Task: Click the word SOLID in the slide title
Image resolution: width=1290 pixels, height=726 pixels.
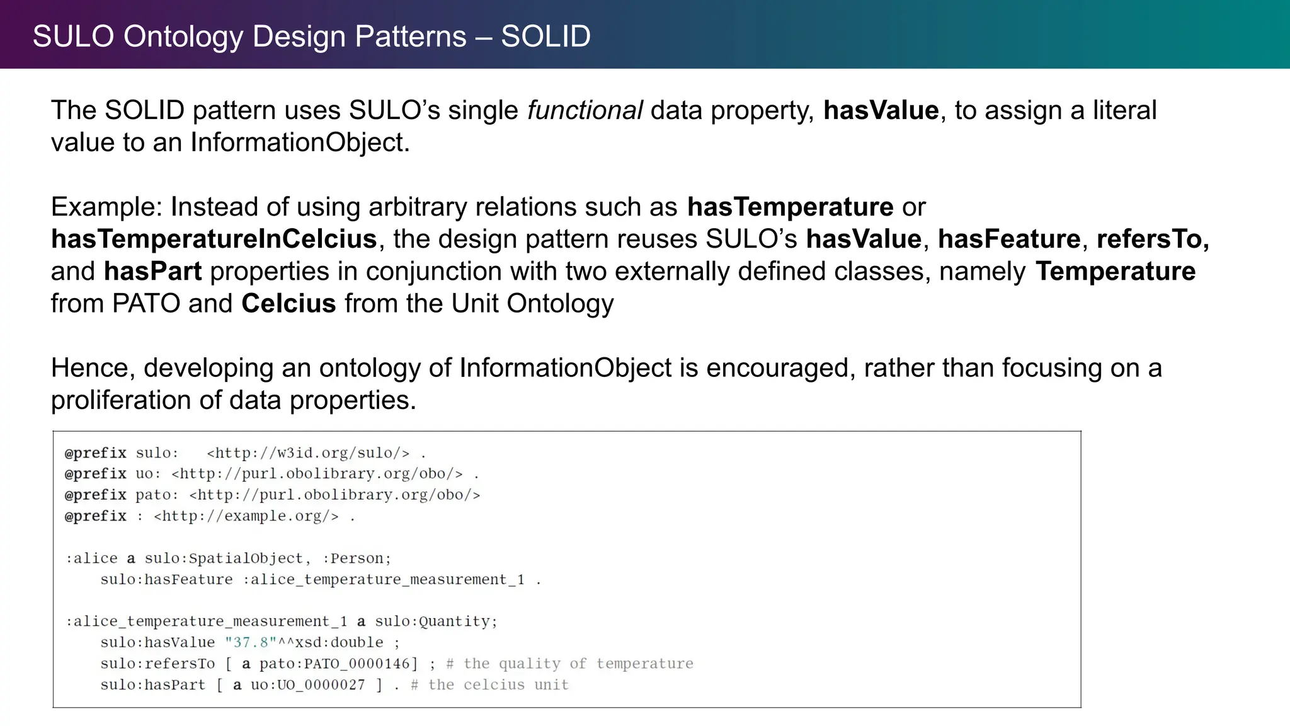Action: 545,37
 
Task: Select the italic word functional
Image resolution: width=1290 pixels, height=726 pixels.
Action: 585,110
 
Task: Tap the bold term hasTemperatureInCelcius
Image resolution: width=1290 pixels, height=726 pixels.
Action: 214,239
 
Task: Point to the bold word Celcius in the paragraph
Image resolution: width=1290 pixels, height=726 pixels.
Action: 288,304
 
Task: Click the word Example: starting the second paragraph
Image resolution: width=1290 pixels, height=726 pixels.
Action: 106,207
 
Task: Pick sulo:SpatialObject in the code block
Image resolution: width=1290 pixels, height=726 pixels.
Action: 225,558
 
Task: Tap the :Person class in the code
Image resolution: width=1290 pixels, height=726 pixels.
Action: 357,558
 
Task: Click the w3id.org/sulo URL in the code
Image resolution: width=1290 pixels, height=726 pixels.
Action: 308,453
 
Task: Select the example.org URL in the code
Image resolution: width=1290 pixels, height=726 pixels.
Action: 246,516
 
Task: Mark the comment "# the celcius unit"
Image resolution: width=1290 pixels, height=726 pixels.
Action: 489,685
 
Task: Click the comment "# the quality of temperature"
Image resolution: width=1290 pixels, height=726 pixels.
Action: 569,664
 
